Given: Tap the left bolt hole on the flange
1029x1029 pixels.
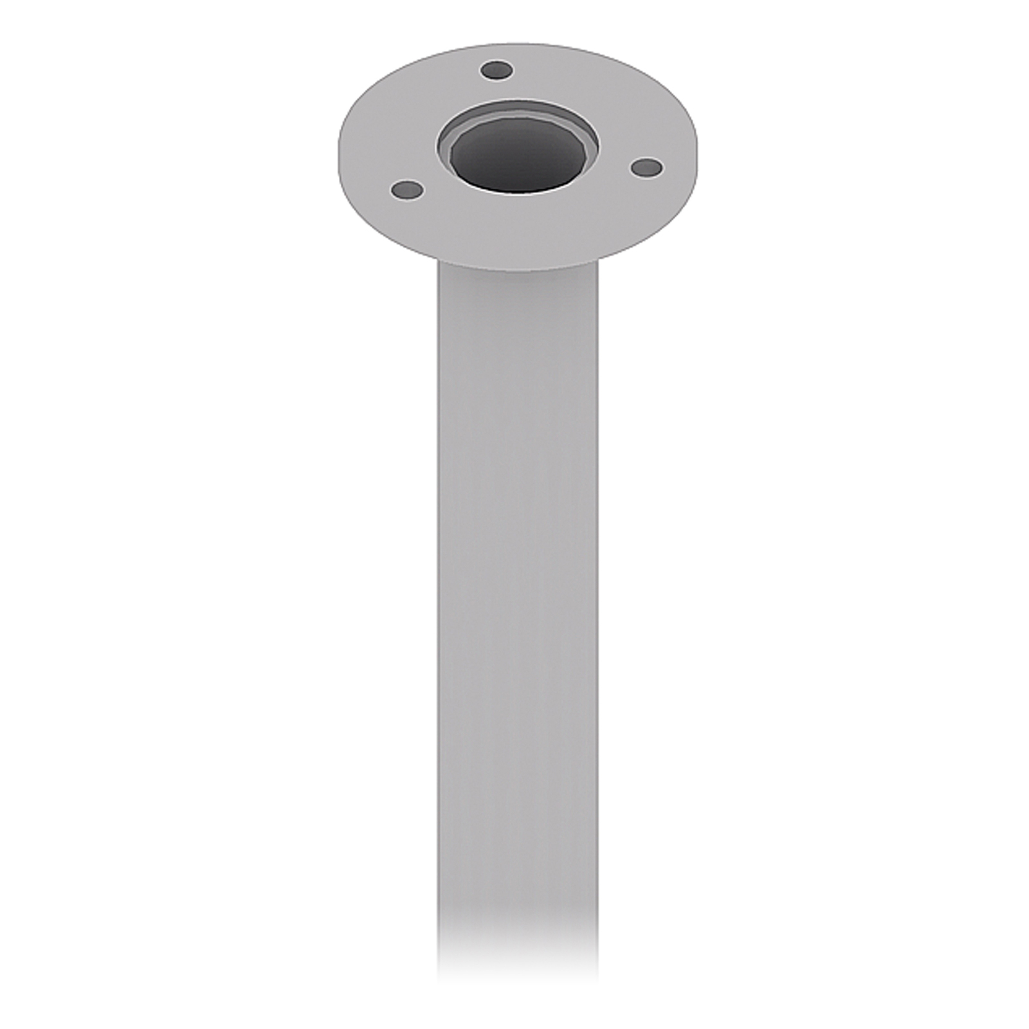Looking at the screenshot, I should point(407,190).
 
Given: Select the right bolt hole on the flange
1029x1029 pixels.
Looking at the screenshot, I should point(646,168).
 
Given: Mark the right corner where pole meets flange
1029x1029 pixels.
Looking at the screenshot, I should point(597,260).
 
